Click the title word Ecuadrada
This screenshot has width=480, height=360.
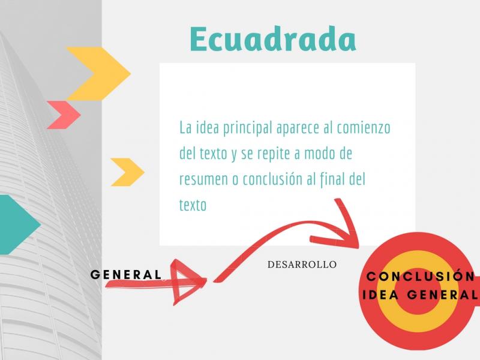coord(273,40)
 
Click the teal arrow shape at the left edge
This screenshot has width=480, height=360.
coord(19,224)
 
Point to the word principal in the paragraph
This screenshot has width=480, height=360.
coord(247,128)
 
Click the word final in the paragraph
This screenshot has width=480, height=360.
coord(332,179)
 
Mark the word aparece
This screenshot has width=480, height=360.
coord(298,128)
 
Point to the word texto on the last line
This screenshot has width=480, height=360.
coord(193,205)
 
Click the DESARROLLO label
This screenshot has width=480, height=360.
coord(302,265)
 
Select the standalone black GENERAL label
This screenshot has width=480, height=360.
coord(126,275)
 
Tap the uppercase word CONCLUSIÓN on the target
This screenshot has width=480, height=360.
coord(421,277)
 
